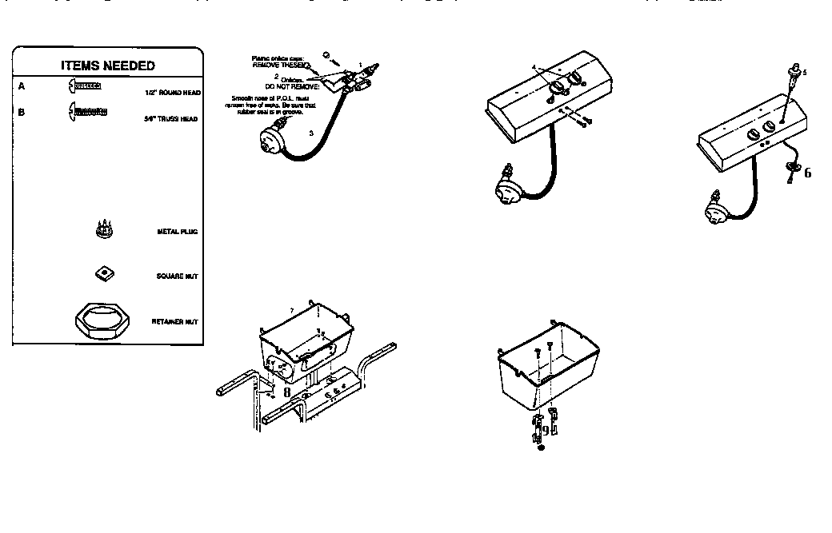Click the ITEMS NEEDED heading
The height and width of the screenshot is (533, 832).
(x=108, y=66)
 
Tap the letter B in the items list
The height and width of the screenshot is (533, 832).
(x=21, y=113)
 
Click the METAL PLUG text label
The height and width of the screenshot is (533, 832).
(x=177, y=232)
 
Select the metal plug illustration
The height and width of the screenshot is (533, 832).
(x=102, y=229)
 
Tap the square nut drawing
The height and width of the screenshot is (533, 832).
(x=102, y=274)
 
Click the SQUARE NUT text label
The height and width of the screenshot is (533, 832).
(x=177, y=276)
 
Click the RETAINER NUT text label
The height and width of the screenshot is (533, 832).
(x=174, y=322)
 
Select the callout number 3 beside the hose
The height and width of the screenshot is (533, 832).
(x=310, y=133)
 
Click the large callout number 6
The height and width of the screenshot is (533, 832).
(x=807, y=173)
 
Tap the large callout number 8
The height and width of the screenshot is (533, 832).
(x=286, y=392)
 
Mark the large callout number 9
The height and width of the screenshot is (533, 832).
(x=545, y=430)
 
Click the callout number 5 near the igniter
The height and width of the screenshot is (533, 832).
(x=804, y=72)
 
